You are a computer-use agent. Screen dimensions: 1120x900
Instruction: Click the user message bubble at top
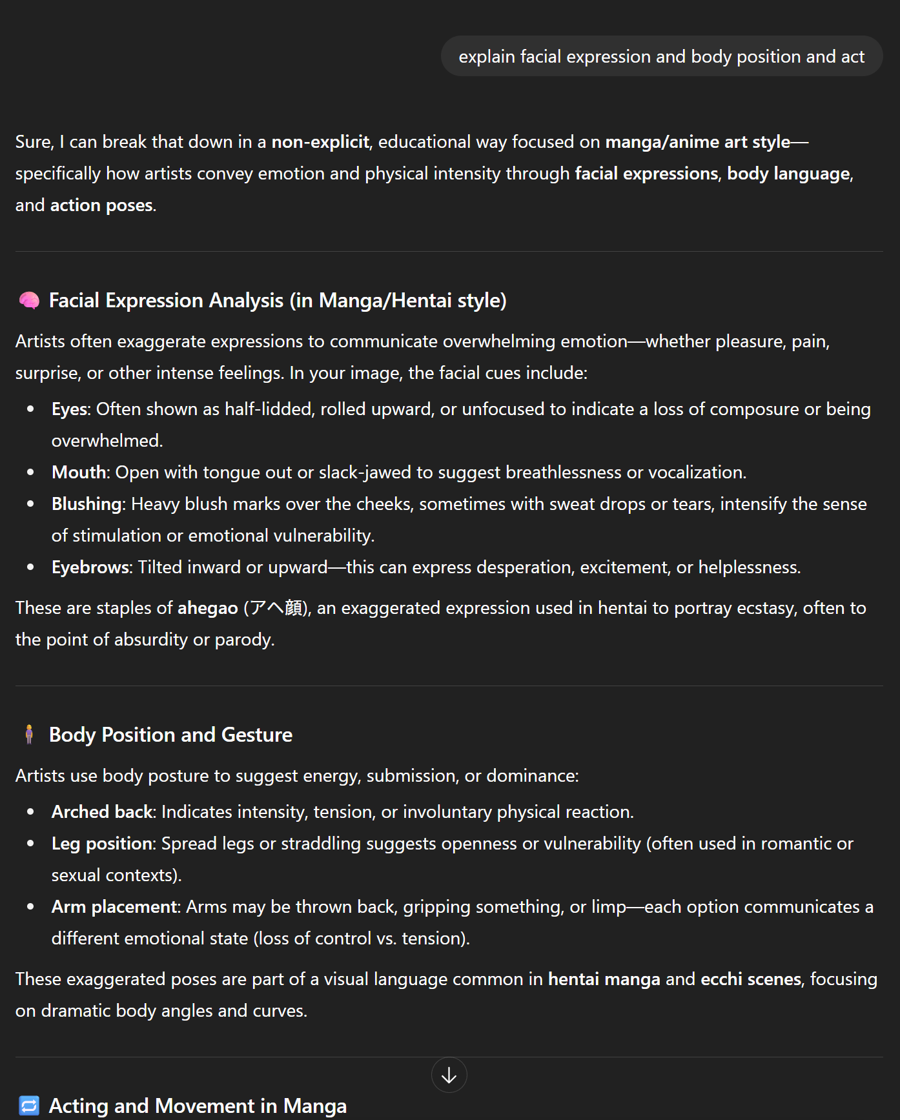tap(661, 57)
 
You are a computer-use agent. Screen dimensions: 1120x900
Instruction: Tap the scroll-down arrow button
tap(449, 1075)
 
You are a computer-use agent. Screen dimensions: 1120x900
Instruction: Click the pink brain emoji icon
tap(29, 300)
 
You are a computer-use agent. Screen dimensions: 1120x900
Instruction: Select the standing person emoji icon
tap(29, 735)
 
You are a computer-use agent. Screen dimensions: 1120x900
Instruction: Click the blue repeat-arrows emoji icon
tap(29, 1105)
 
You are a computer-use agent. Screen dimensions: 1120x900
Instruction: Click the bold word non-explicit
tap(320, 142)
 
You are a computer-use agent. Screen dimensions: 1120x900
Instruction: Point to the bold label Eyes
tap(70, 409)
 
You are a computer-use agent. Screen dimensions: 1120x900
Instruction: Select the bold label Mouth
tap(78, 473)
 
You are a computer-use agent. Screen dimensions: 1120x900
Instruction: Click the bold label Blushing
tap(87, 504)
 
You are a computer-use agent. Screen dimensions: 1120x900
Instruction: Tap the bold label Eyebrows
tap(90, 567)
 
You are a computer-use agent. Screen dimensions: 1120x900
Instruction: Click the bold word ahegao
tap(207, 608)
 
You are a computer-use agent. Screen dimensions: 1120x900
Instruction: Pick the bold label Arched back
tap(102, 812)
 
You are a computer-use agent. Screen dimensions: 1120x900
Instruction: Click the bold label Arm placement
tap(114, 907)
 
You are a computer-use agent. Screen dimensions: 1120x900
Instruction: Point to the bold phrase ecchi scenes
tap(750, 979)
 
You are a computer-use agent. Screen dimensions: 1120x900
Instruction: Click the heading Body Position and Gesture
tap(170, 735)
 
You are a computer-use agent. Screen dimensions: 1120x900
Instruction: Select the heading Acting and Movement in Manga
tap(198, 1106)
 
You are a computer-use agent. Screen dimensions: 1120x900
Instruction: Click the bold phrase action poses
tap(101, 205)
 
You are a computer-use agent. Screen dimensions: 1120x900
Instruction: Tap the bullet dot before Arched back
tap(30, 812)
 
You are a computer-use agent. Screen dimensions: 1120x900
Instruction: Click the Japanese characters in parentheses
tap(276, 608)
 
